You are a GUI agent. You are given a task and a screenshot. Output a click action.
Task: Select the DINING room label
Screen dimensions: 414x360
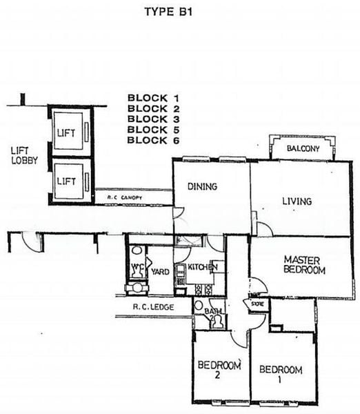203,186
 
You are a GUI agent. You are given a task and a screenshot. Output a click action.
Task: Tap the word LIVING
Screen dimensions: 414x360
297,201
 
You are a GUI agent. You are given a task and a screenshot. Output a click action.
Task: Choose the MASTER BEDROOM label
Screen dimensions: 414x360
303,265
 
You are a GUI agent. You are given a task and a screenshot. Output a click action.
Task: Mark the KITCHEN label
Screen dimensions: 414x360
203,267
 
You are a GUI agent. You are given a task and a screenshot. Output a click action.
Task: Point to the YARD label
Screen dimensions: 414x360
161,271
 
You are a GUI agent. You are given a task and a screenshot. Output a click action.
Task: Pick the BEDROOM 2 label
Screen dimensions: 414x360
219,370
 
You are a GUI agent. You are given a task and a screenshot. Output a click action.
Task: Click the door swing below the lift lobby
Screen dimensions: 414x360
28,239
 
